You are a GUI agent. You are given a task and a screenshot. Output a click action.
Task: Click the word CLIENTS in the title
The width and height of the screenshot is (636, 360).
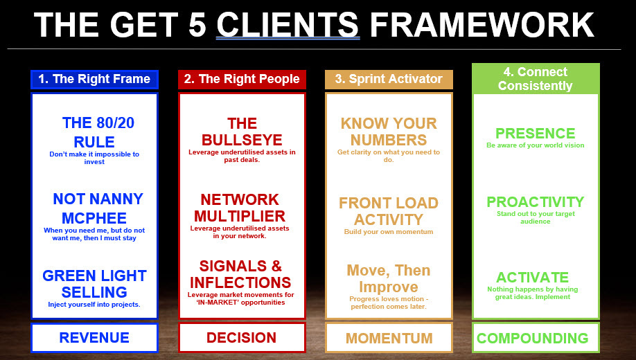288,26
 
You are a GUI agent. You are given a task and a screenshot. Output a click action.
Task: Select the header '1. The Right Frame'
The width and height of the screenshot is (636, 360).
94,79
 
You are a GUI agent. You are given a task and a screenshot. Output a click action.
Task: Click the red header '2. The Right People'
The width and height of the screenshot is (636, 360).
242,79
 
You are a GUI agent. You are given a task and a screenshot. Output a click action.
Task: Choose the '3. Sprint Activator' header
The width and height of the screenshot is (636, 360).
389,78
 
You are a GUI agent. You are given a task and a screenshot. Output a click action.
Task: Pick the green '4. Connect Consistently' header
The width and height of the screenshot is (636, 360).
536,79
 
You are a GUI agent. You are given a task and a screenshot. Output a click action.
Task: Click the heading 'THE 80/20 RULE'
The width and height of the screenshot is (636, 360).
98,132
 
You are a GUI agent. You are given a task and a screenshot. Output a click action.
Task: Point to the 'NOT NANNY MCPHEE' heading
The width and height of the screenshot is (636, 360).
98,208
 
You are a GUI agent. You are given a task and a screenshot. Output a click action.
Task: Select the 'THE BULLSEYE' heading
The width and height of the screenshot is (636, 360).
242,132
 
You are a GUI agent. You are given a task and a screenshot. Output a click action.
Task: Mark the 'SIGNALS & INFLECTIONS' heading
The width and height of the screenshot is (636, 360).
240,274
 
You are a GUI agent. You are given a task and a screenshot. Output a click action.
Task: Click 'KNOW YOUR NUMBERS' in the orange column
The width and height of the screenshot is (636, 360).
389,132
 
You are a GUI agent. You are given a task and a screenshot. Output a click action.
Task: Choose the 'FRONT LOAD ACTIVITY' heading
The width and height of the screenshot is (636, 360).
389,211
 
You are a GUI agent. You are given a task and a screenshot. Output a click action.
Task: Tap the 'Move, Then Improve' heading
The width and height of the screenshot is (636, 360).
389,278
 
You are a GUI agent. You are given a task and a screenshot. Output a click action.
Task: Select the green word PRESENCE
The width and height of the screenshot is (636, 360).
535,134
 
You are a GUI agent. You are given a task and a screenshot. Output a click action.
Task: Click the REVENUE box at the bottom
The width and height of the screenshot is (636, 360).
94,338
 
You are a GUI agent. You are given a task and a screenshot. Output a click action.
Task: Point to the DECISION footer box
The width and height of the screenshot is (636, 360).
242,338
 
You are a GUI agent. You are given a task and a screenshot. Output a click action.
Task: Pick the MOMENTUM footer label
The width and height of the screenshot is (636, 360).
389,339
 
